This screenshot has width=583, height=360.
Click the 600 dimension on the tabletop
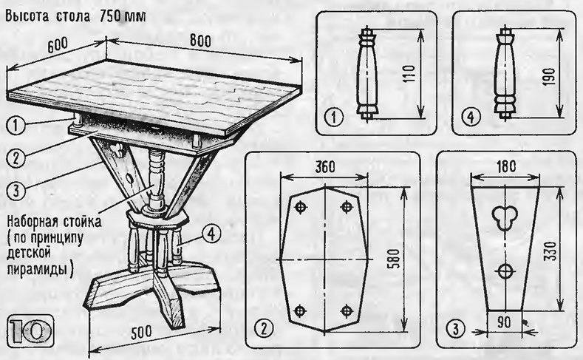(58, 45)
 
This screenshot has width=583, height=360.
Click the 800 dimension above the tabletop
(200, 41)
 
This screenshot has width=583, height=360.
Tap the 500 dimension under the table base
(141, 332)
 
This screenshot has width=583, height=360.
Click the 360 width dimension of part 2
(324, 167)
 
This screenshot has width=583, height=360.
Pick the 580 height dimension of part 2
(395, 259)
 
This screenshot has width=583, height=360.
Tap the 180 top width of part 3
(505, 166)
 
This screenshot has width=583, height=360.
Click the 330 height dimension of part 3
(552, 251)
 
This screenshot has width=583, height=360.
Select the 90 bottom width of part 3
(504, 322)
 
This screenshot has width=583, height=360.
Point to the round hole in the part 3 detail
(505, 271)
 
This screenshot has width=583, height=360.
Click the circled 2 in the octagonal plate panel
(264, 328)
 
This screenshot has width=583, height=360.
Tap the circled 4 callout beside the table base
(211, 234)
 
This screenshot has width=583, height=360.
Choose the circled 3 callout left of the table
(16, 191)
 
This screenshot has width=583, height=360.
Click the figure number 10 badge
(31, 330)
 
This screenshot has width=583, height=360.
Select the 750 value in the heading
(109, 17)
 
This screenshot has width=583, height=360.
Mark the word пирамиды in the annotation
(38, 269)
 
